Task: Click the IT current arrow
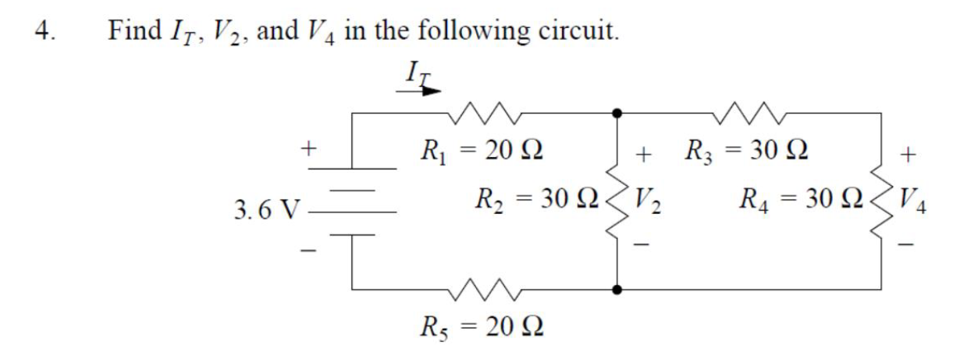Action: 418,89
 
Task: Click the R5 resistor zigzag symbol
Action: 482,290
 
